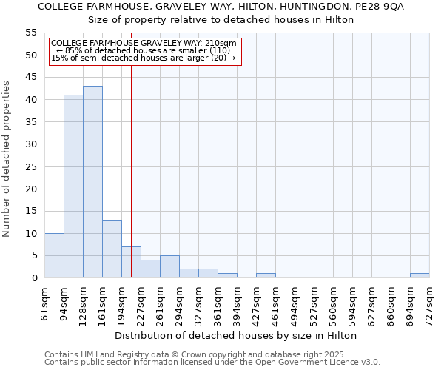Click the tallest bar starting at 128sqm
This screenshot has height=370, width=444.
(92, 182)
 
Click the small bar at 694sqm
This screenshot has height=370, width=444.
(420, 275)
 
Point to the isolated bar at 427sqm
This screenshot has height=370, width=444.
(266, 275)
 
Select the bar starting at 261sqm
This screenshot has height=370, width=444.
(169, 266)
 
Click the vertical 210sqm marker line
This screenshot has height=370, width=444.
(131, 148)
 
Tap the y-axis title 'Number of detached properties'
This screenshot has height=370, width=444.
(7, 159)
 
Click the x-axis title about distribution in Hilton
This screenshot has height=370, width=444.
(236, 335)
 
